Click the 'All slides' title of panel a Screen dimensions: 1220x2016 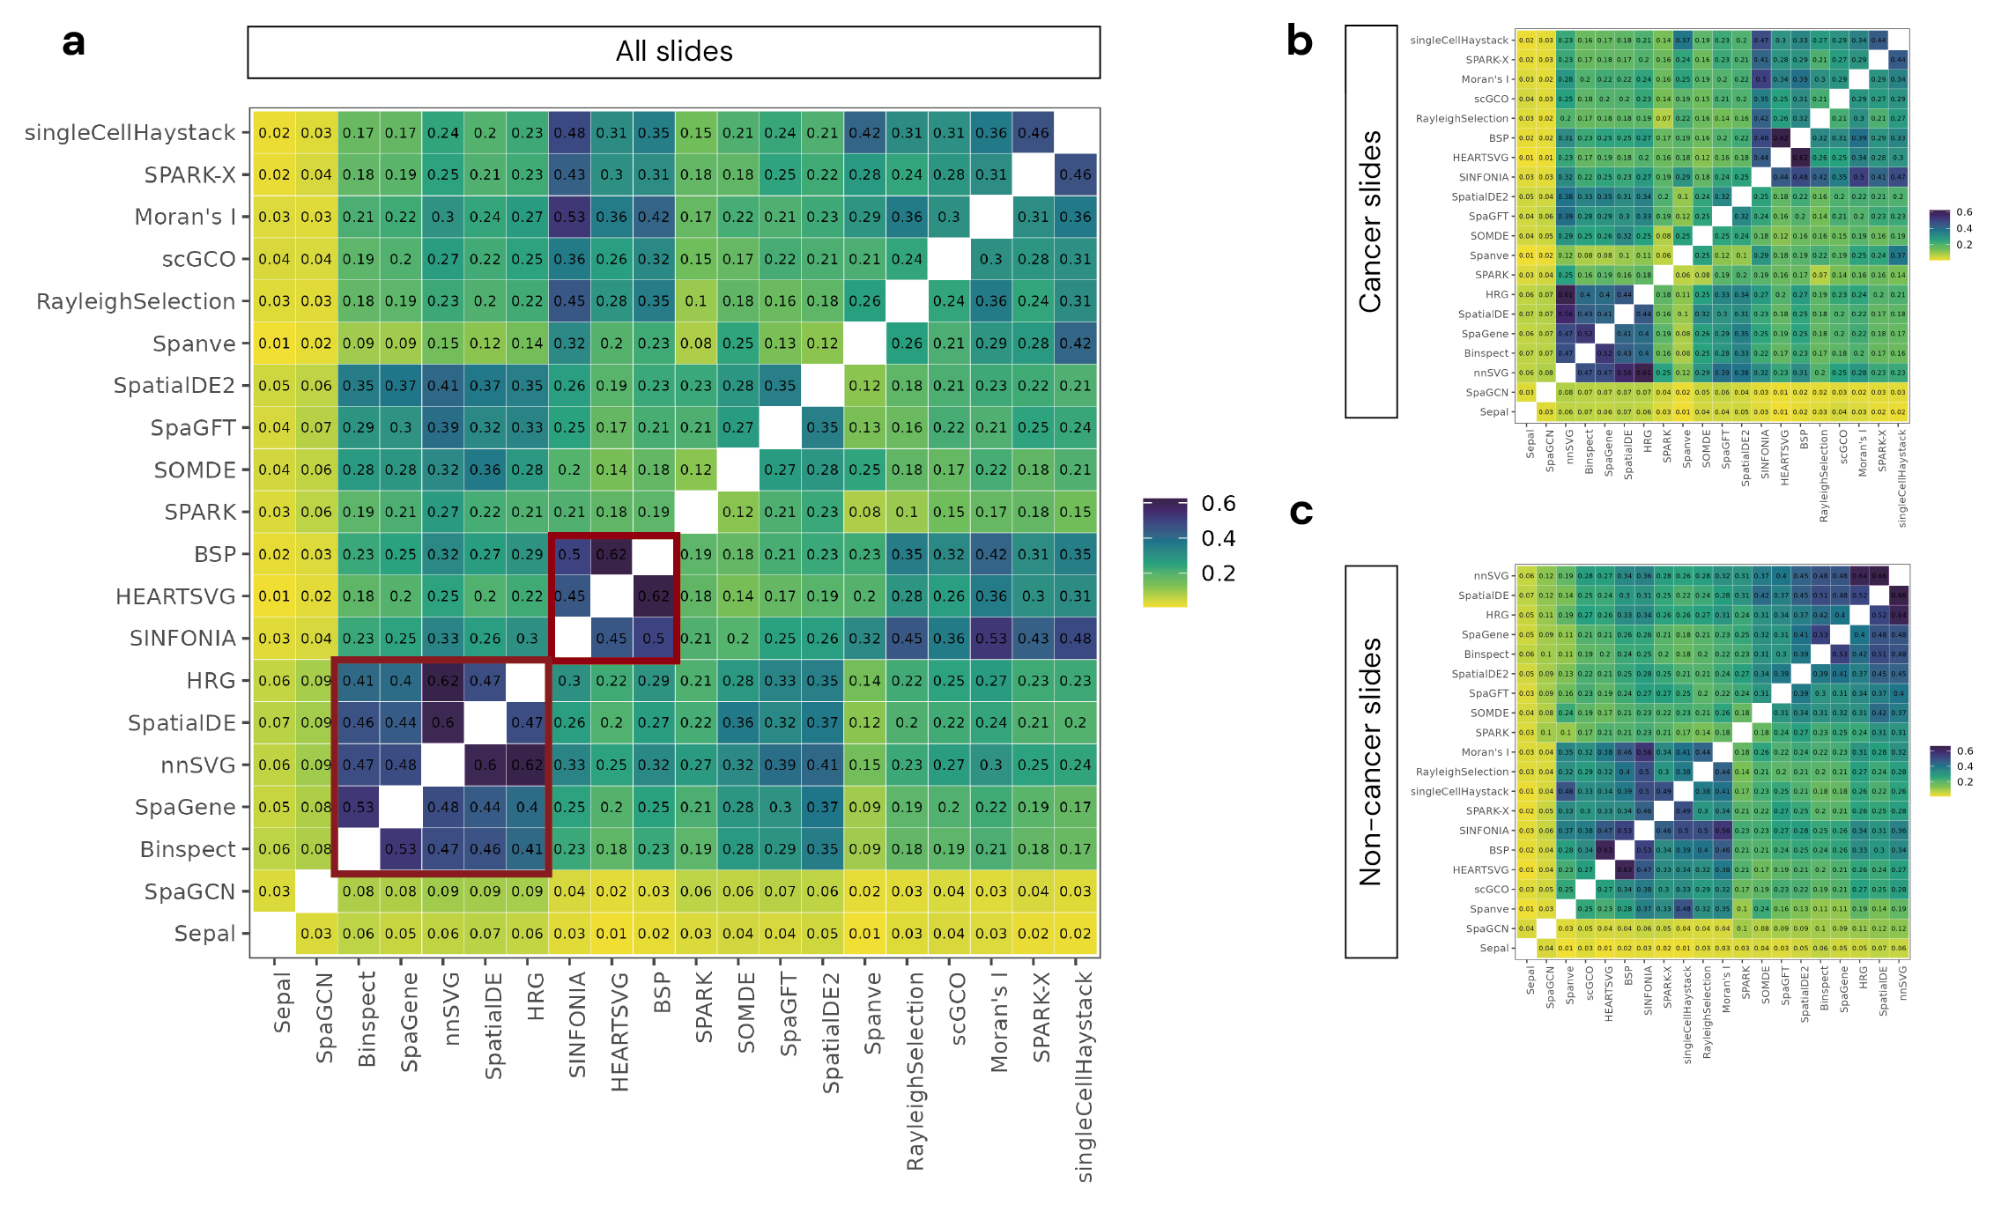(x=674, y=52)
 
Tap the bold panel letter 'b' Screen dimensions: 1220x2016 (x=1300, y=41)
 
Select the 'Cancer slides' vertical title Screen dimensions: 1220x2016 (x=1370, y=221)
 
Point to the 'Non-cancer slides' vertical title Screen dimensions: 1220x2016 (x=1370, y=762)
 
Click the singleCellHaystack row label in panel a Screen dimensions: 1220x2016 (x=130, y=133)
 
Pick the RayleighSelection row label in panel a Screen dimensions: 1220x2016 (x=136, y=301)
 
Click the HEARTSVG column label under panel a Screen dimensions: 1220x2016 (x=620, y=1031)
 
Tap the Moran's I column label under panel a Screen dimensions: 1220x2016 (x=999, y=1022)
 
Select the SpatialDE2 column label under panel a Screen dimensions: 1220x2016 (x=831, y=1032)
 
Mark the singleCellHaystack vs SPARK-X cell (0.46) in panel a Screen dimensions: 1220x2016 (x=1034, y=133)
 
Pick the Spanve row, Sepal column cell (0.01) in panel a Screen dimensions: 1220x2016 (x=274, y=344)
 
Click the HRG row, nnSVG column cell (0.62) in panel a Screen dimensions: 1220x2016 (x=443, y=681)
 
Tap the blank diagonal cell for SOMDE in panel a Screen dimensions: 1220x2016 (x=738, y=470)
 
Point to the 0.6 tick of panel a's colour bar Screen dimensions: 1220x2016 (x=1218, y=504)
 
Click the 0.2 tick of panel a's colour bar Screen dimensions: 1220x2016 (x=1218, y=574)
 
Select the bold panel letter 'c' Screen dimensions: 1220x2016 (x=1301, y=511)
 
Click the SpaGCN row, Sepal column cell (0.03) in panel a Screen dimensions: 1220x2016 (x=274, y=891)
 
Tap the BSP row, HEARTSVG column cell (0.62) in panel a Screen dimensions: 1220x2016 (x=611, y=555)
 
